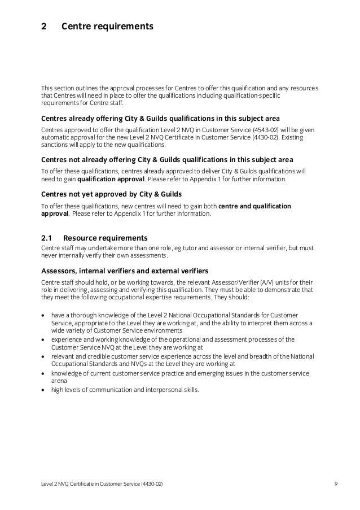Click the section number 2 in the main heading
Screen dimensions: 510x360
(x=44, y=26)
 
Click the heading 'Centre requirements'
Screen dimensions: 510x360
(x=107, y=26)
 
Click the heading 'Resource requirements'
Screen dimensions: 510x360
(x=106, y=237)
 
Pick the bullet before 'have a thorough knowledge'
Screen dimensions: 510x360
(x=43, y=314)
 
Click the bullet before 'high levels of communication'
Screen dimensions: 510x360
(x=43, y=389)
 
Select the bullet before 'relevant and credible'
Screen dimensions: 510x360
(x=43, y=358)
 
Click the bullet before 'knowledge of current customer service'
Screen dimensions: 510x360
(x=43, y=373)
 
